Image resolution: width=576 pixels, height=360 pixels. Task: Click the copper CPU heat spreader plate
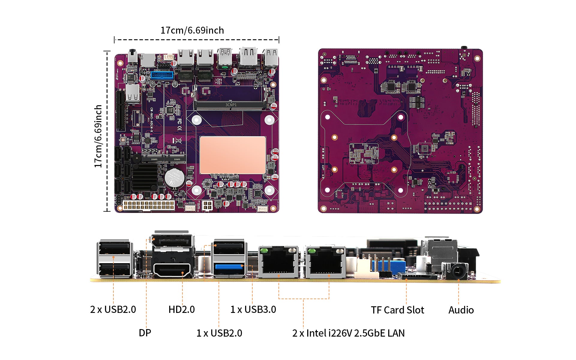point(232,155)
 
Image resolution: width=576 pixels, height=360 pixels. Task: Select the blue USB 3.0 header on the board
point(162,75)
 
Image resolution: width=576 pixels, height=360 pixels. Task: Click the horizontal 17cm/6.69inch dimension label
point(192,30)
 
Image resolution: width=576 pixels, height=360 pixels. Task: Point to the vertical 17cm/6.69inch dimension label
point(98,136)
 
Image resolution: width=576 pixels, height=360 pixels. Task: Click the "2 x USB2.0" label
point(113,309)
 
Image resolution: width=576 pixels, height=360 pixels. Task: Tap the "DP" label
point(145,333)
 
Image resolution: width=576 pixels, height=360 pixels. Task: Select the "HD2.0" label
point(181,309)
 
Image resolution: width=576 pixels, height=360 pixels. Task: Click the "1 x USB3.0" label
point(253,309)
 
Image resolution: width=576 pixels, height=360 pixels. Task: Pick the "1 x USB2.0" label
point(219,333)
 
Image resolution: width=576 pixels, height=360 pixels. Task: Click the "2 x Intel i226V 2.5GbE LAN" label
point(348,333)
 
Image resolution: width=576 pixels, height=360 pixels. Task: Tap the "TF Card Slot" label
point(397,310)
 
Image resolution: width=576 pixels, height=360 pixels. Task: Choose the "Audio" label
point(461,310)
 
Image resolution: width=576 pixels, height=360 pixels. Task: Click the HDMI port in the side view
point(173,270)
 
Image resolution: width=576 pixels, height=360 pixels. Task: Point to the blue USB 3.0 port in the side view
point(229,266)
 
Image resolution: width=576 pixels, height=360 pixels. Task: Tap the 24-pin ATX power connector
point(148,205)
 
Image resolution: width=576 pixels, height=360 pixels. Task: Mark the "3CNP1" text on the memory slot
point(231,105)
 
